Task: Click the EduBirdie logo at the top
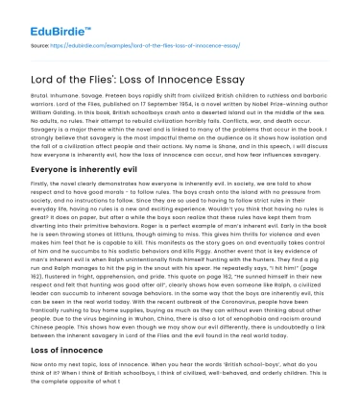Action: pyautogui.click(x=41, y=16)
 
